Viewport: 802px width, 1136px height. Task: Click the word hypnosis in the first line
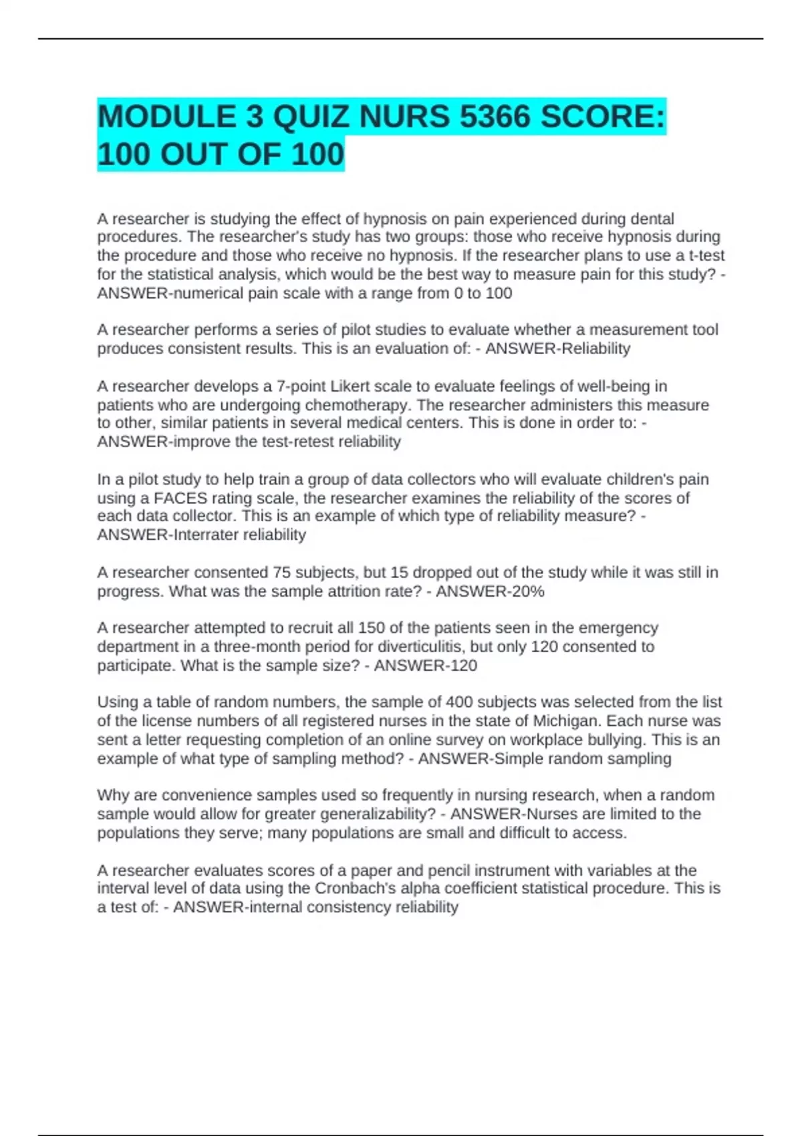point(393,219)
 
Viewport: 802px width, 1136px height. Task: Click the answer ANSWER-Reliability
point(557,349)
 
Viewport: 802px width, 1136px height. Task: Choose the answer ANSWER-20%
point(490,591)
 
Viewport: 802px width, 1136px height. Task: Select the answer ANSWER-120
point(425,666)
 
